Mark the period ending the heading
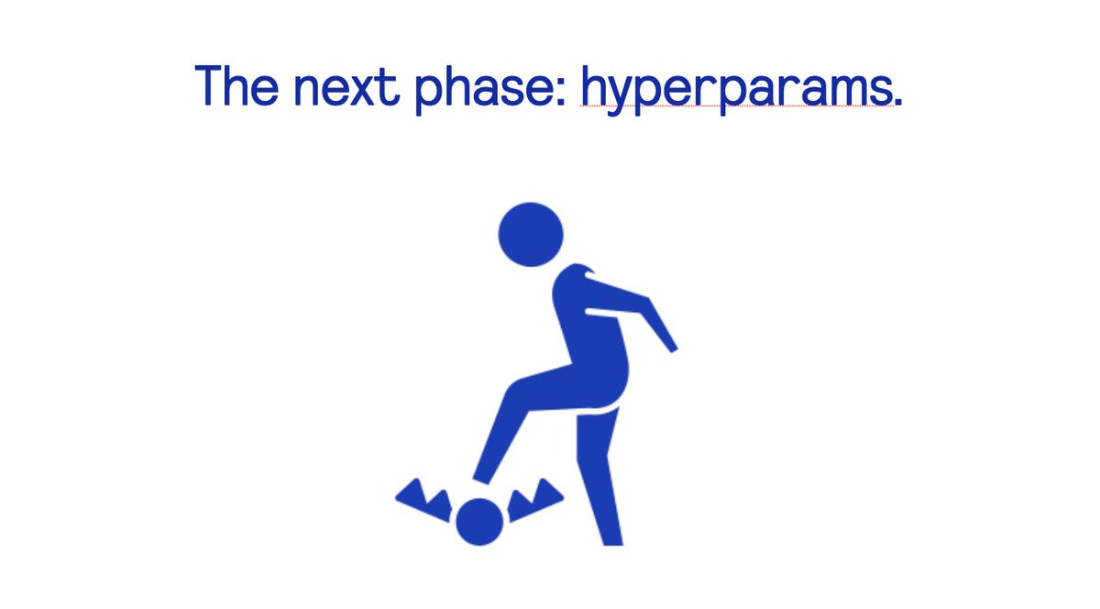897,102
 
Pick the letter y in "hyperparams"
625,94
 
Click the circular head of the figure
530,235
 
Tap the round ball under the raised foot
479,522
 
